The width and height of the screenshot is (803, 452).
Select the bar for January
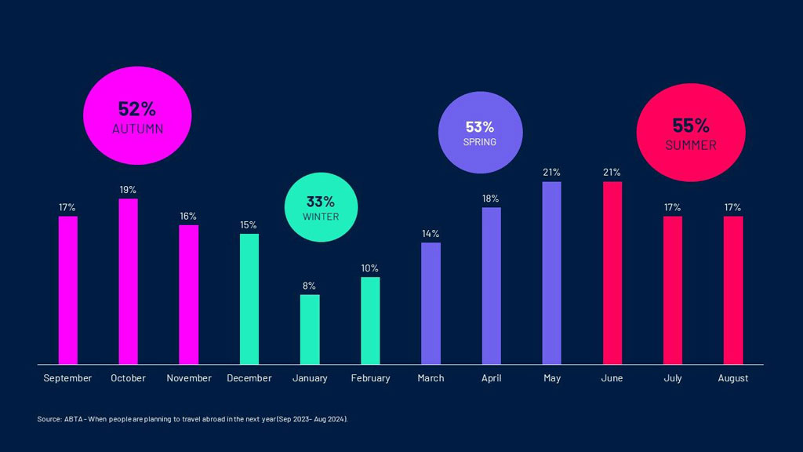[x=310, y=330]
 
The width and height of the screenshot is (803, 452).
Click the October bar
[x=128, y=281]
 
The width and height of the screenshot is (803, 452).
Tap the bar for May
[x=551, y=273]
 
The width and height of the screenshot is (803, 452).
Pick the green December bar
[x=249, y=299]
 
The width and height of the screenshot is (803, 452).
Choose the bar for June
[x=612, y=273]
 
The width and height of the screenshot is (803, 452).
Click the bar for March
[x=431, y=303]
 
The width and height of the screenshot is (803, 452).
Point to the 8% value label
[x=310, y=286]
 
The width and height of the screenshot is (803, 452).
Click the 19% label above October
[x=128, y=190]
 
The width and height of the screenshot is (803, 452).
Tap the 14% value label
[x=431, y=234]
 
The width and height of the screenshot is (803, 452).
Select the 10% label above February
[x=370, y=268]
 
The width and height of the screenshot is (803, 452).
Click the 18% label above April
[x=491, y=199]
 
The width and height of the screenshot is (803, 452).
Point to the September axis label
[x=67, y=378]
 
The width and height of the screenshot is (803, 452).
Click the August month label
[x=733, y=378]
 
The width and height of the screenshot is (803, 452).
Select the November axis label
[x=188, y=378]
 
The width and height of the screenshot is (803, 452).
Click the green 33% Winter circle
[x=321, y=206]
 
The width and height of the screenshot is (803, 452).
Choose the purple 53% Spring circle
[x=479, y=132]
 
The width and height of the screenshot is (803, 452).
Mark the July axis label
[x=673, y=378]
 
